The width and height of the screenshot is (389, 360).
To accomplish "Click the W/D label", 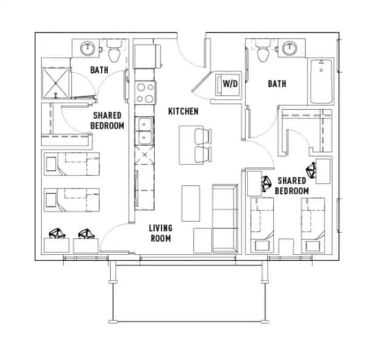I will click(x=230, y=83).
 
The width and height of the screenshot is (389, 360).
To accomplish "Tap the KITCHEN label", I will click(x=183, y=111).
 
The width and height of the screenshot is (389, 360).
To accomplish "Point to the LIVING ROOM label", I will click(x=160, y=233).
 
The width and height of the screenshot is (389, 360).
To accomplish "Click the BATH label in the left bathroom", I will click(x=99, y=70).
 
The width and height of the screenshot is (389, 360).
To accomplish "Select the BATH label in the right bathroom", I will click(x=277, y=84).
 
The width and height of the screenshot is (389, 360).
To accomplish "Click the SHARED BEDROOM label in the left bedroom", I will click(x=107, y=120).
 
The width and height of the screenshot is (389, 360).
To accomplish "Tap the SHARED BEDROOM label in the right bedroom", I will click(x=292, y=186).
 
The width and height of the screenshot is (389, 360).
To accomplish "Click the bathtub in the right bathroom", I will click(x=321, y=81).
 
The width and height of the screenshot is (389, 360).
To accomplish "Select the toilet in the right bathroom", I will click(x=263, y=52).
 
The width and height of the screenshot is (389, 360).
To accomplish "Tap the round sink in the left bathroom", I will click(x=88, y=47).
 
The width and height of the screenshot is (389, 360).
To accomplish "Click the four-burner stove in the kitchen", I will click(x=145, y=92).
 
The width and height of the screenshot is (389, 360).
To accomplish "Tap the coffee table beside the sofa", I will click(x=190, y=202).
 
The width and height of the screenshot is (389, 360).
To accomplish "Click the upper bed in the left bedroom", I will click(x=72, y=165).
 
